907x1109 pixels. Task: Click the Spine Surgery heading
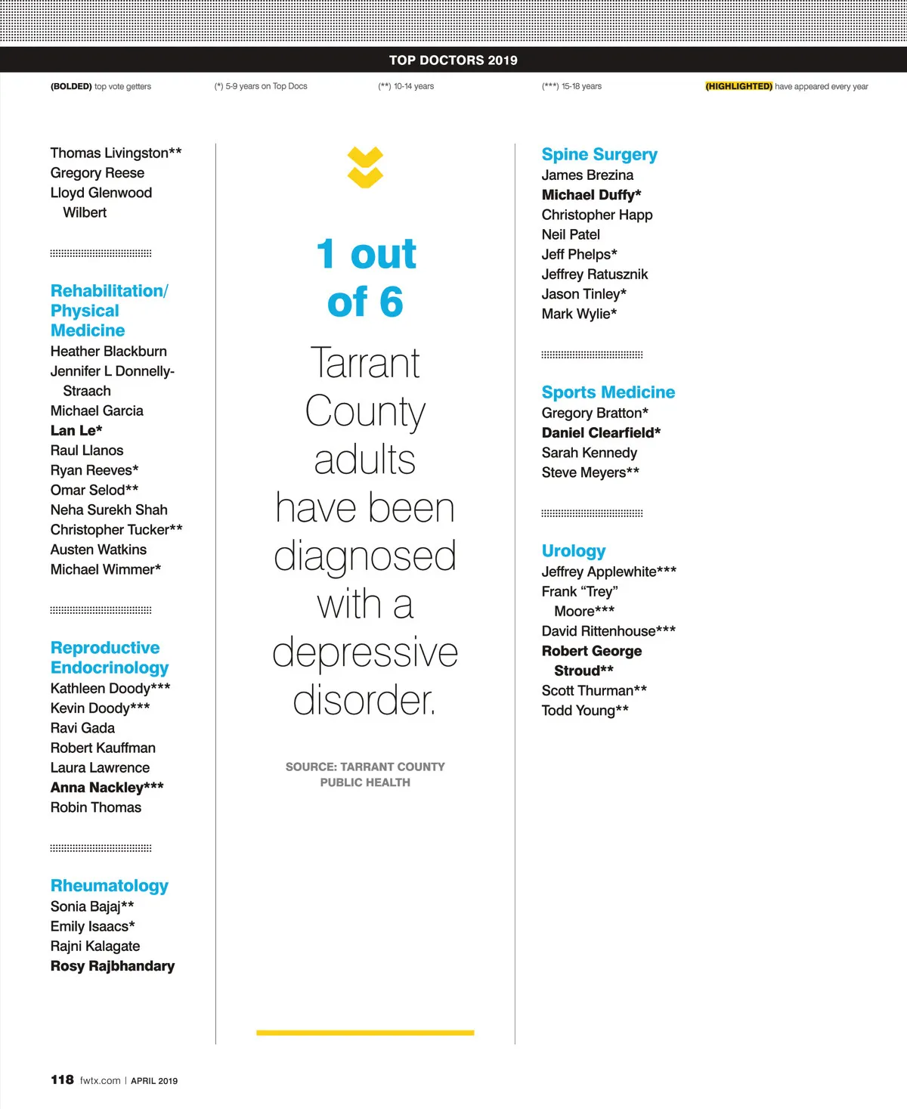coord(599,154)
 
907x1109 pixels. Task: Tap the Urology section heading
coord(574,551)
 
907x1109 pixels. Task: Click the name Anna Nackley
coord(107,788)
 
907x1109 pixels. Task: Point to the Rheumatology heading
coord(110,886)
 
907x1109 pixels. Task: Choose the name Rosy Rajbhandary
coord(113,966)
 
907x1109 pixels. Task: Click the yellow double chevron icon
coord(365,168)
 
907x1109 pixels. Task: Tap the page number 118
coord(62,1080)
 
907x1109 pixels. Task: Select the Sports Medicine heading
coord(608,392)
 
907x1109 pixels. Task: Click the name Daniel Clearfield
coord(601,433)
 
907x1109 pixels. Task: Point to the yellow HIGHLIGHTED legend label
coord(738,86)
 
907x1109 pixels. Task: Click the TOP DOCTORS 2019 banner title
coord(453,60)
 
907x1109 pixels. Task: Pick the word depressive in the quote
coord(365,652)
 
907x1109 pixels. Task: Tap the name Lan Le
coord(76,431)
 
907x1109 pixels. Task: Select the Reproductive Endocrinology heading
coord(110,658)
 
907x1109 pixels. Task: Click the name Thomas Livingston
coord(116,153)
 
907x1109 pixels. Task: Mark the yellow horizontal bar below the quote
coord(365,1032)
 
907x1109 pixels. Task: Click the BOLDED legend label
coord(71,86)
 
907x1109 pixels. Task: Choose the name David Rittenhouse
coord(608,631)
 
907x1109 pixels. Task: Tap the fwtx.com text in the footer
coord(100,1080)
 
